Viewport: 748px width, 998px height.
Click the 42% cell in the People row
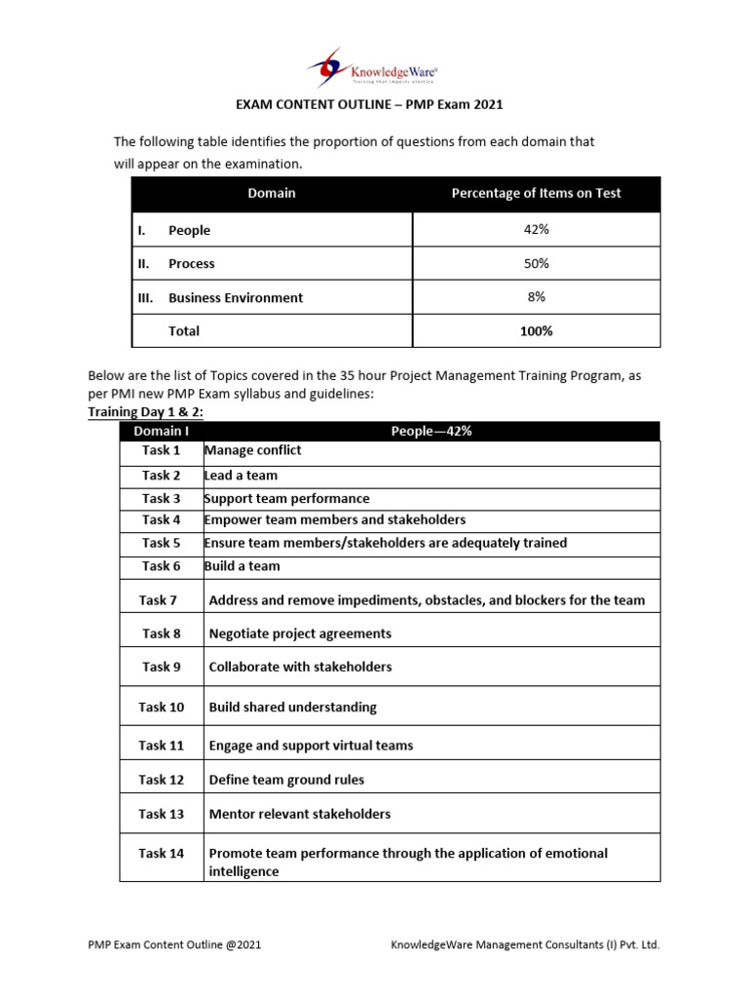click(536, 229)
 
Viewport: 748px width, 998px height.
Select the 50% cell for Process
click(536, 263)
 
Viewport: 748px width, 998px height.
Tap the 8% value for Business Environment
click(536, 297)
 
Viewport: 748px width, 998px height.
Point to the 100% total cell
click(536, 330)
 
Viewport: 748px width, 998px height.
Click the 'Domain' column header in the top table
click(272, 193)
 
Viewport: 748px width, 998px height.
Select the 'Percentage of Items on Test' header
click(536, 193)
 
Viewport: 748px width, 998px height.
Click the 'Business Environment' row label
click(235, 298)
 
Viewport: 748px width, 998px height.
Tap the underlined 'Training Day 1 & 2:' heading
click(146, 412)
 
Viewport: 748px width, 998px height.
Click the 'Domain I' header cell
click(162, 431)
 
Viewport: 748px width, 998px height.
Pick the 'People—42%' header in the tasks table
click(431, 431)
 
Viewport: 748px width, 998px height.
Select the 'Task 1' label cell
click(162, 450)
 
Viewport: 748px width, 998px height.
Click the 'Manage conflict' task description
click(253, 450)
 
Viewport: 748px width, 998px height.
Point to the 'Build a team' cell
click(243, 566)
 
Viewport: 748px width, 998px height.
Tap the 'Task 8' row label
click(162, 633)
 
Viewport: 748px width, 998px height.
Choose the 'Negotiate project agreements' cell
click(300, 633)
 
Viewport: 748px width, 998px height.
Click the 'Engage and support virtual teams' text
click(311, 746)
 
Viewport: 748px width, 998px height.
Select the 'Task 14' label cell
click(162, 853)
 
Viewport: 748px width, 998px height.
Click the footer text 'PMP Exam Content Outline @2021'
click(174, 944)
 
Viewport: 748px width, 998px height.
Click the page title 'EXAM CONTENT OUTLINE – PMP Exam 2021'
click(371, 104)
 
